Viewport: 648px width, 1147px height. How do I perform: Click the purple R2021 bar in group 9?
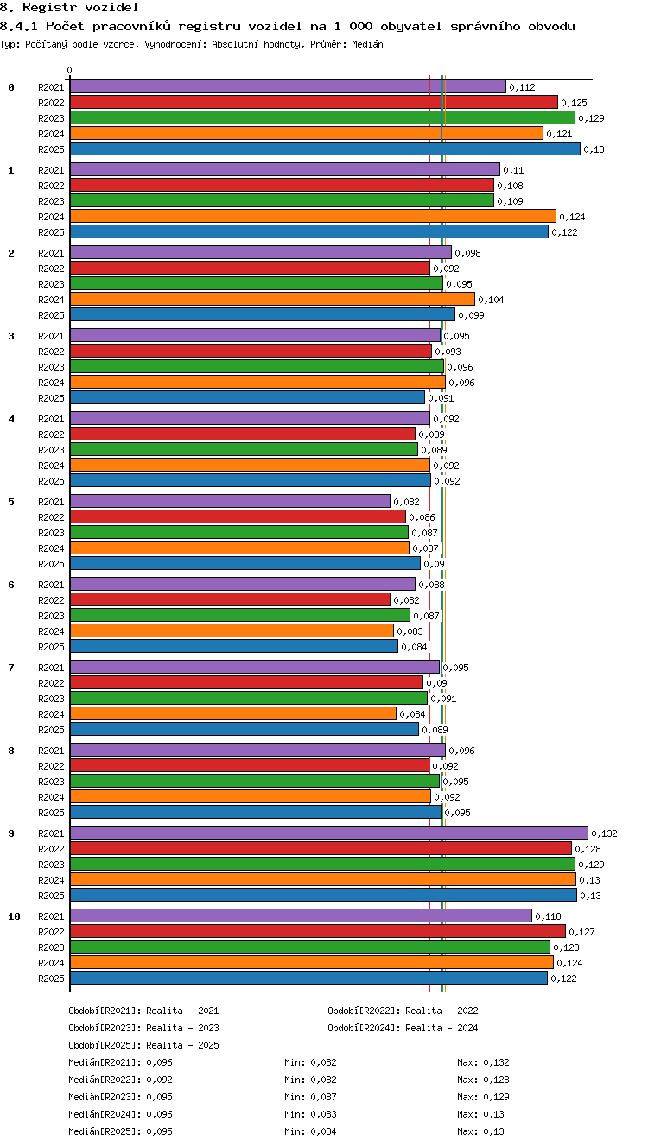[329, 833]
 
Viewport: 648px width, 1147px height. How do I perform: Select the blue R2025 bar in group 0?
[325, 149]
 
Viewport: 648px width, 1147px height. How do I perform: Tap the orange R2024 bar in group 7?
[233, 713]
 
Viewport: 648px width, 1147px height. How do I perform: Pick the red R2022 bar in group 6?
[230, 599]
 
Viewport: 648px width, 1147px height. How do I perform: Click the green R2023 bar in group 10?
[310, 947]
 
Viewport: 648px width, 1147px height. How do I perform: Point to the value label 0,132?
[604, 833]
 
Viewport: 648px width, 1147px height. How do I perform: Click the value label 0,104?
[491, 300]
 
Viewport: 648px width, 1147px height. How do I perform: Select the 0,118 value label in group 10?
[548, 916]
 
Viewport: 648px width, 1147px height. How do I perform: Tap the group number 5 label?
[11, 502]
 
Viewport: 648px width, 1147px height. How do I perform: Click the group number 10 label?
[14, 916]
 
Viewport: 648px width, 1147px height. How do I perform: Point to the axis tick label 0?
[70, 70]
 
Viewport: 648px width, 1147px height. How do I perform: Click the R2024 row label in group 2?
[51, 300]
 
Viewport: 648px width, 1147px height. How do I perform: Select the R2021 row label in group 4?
[51, 419]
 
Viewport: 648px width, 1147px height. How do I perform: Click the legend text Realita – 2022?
[442, 1011]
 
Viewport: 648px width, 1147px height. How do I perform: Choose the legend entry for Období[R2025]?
[143, 1045]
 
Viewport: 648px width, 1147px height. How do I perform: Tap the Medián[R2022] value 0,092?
[159, 1080]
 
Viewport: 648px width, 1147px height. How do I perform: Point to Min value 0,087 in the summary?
[323, 1097]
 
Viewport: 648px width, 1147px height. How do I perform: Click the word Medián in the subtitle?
[367, 44]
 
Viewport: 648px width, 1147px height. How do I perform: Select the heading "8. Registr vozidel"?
[69, 7]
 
